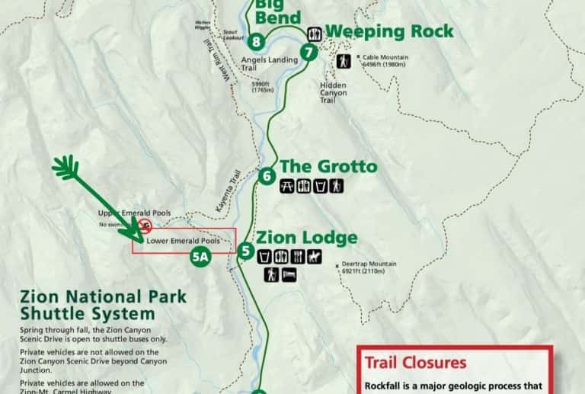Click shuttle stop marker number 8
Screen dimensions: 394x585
pos(258,41)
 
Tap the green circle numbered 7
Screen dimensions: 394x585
pos(308,52)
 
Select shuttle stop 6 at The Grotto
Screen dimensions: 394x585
pos(266,176)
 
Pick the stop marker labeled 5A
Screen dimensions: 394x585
pos(200,257)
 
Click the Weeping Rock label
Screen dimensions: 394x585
pos(389,31)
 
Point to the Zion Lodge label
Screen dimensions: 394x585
pos(306,237)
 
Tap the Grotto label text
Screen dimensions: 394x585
pos(328,166)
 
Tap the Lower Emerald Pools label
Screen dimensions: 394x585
pos(184,241)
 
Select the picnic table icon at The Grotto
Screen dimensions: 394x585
pos(287,185)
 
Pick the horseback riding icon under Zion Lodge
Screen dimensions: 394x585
pos(314,257)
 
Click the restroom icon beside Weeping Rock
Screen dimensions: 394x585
pos(315,34)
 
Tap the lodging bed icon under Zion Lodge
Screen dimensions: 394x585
pos(289,274)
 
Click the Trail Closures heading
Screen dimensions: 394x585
pos(415,363)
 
